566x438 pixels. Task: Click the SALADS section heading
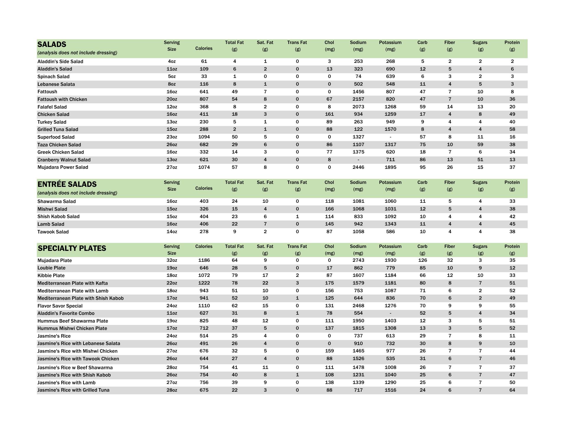point(52,44)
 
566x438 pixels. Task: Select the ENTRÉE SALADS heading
point(67,184)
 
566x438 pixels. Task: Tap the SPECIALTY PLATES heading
point(72,248)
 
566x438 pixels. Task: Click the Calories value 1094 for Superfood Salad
point(204,137)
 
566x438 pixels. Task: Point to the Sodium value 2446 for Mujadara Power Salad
point(358,167)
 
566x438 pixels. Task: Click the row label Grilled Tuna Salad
point(58,130)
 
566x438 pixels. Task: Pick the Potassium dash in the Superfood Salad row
point(390,137)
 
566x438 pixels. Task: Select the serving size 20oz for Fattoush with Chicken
point(172,99)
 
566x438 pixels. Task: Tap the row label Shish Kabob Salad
point(58,217)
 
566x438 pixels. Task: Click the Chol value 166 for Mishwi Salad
point(329,209)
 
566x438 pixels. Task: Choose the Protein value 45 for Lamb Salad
point(512,224)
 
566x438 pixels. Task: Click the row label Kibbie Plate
point(51,276)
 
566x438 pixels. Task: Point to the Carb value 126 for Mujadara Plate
point(422,260)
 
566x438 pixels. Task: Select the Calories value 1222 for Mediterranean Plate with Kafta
point(204,283)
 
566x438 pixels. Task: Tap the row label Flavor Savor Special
point(60,306)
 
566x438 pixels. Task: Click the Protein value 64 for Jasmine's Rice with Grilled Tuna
point(512,390)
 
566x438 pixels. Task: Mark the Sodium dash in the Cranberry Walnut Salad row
point(358,160)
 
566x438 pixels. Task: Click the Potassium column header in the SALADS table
point(390,46)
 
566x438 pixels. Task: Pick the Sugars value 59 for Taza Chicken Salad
point(480,145)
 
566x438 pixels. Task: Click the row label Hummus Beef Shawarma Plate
point(73,321)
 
